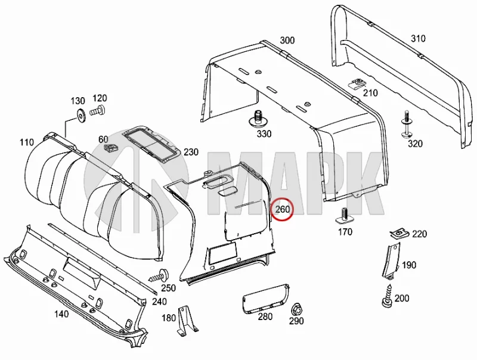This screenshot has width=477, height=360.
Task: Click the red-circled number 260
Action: click(x=283, y=209)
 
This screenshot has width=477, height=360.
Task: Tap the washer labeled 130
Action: click(x=82, y=116)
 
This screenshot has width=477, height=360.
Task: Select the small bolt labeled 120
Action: click(x=98, y=111)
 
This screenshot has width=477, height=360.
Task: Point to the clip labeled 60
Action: click(x=111, y=149)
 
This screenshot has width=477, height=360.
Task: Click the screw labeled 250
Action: click(x=159, y=276)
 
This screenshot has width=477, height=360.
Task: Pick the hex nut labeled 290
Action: click(x=296, y=310)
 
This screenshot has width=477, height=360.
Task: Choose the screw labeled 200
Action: click(x=387, y=296)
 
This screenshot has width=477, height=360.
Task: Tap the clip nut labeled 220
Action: click(x=399, y=234)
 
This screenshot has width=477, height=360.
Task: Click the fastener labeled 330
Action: click(x=258, y=119)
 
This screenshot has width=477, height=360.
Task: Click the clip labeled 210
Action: click(x=357, y=83)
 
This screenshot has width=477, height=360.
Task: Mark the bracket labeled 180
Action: click(x=187, y=321)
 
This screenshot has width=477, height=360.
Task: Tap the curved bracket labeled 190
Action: click(x=390, y=261)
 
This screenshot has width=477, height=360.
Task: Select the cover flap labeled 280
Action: click(x=265, y=298)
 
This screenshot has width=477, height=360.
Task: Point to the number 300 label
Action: click(x=287, y=40)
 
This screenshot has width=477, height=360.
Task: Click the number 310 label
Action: click(x=418, y=39)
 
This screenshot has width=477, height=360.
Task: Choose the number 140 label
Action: click(x=61, y=314)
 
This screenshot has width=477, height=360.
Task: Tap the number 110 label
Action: click(x=27, y=142)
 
